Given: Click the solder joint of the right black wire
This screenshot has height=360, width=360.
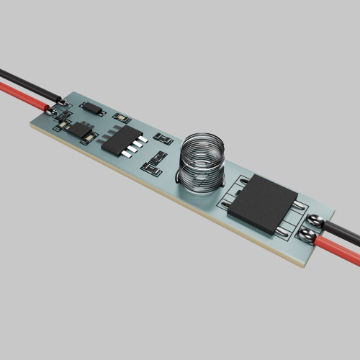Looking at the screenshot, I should (x=315, y=218).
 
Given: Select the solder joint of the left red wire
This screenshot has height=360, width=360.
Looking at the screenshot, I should (x=52, y=112).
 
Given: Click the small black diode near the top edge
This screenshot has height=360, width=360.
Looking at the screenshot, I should (x=92, y=109).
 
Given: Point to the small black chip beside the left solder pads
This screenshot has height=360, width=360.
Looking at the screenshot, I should (x=78, y=130).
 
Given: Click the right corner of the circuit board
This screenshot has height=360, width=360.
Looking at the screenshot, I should (x=336, y=214).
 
